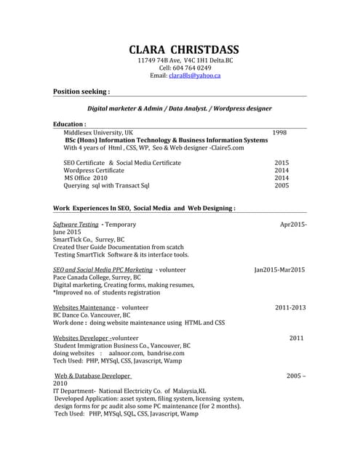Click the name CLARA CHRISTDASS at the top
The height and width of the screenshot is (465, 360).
click(x=183, y=49)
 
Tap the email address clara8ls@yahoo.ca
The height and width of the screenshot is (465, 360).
click(x=195, y=76)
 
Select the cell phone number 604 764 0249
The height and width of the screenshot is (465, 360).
click(x=192, y=68)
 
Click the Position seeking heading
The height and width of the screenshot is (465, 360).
click(x=81, y=92)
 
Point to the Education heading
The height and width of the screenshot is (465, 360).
click(x=70, y=124)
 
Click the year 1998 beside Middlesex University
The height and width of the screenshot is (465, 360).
click(x=279, y=133)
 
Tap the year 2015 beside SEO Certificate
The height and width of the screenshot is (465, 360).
click(x=281, y=163)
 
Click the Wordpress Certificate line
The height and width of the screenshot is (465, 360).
click(x=94, y=170)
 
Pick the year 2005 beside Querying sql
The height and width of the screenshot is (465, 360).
click(x=281, y=185)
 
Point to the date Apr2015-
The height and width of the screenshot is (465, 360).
click(x=293, y=225)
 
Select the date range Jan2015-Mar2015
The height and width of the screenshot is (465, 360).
click(x=279, y=270)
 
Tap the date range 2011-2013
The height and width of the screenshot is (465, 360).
click(x=289, y=307)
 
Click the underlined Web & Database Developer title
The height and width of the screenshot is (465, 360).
click(x=93, y=376)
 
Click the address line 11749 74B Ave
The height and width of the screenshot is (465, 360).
click(x=183, y=60)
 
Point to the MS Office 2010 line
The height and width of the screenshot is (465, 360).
click(x=86, y=177)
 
